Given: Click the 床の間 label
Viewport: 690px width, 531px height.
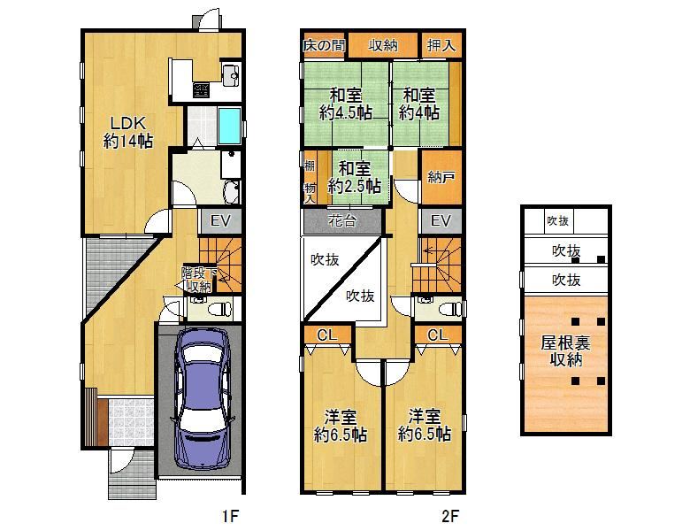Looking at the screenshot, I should [x=323, y=44].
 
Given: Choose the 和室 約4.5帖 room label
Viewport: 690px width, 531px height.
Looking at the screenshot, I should [x=345, y=104].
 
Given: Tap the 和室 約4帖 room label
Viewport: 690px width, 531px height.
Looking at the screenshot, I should [x=419, y=104].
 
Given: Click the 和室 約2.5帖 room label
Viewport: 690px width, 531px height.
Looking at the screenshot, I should [x=355, y=177].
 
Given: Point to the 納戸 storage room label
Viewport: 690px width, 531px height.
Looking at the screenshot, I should [x=441, y=177].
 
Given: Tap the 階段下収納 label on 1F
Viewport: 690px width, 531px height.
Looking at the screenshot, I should [x=197, y=279].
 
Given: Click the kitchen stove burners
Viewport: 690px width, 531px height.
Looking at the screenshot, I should [x=201, y=88].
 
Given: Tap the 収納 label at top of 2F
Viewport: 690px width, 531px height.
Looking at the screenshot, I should [x=383, y=44].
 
